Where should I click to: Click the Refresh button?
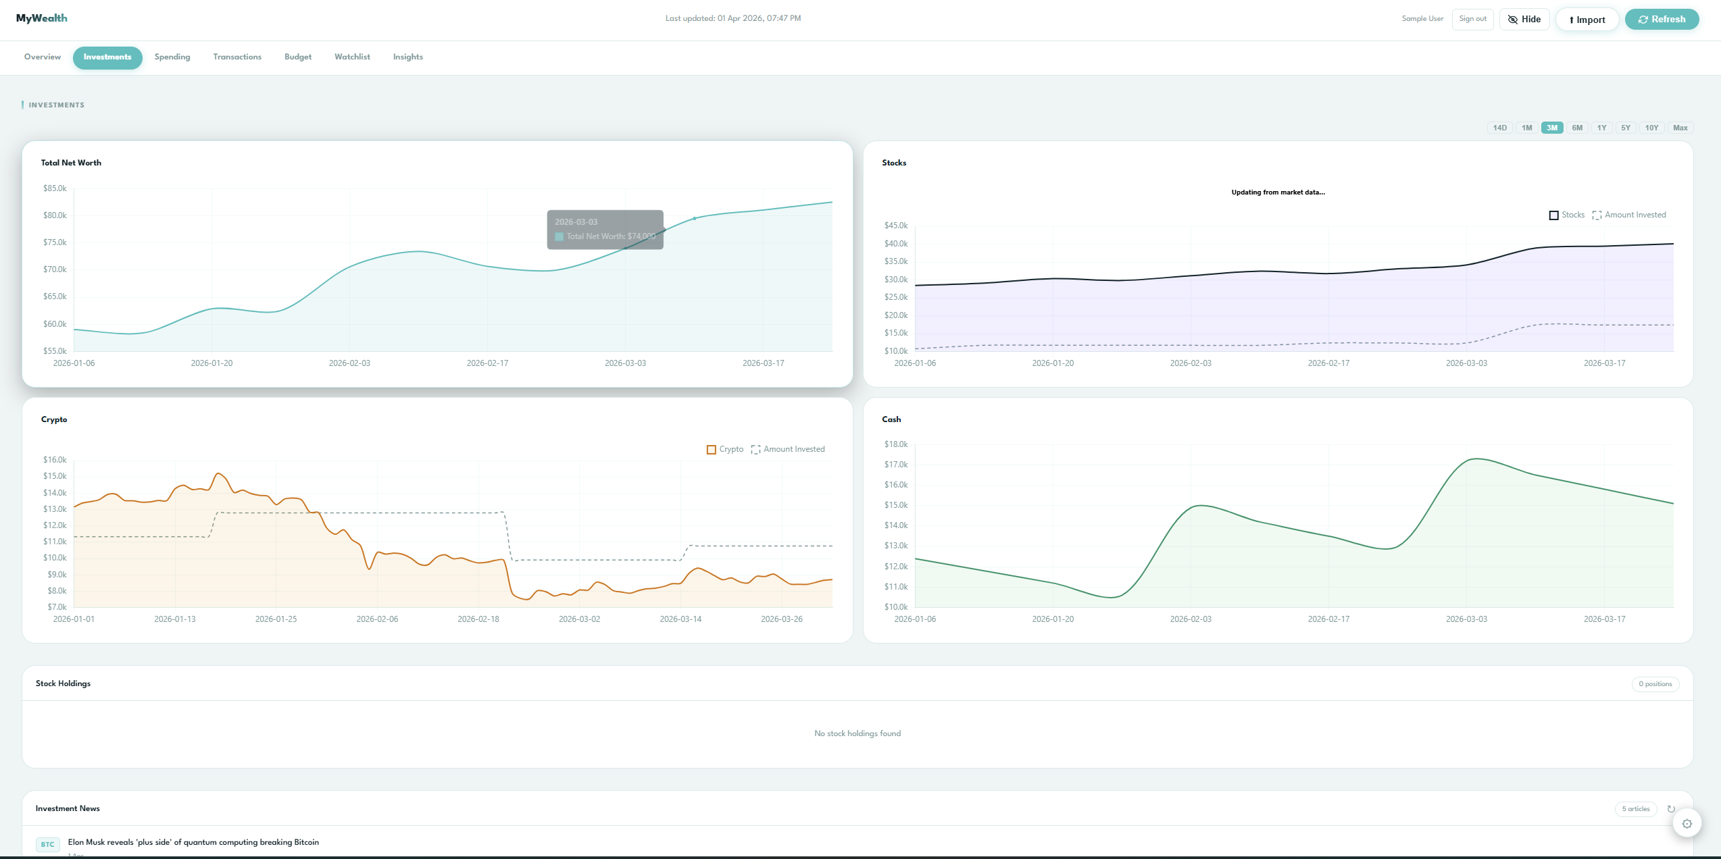tap(1661, 20)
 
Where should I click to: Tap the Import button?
tap(1587, 20)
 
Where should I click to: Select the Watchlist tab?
tap(352, 57)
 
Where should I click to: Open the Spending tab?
tap(172, 57)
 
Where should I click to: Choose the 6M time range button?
tap(1576, 128)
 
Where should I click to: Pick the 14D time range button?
tap(1499, 128)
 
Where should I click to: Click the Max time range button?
tap(1680, 128)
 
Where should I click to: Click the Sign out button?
tap(1472, 19)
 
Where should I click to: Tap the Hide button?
tap(1524, 20)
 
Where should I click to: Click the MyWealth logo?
tap(42, 18)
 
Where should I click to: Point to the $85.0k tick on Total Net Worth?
tap(55, 188)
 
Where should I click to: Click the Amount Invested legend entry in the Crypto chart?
tap(788, 450)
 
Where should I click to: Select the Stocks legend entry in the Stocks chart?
tap(1566, 215)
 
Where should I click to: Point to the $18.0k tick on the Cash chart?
tap(895, 444)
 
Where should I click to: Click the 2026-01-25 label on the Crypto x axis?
tap(276, 619)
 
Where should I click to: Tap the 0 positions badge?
tap(1655, 684)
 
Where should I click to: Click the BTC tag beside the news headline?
tap(47, 844)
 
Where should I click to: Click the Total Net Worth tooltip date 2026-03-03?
tap(576, 222)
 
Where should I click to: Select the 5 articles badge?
tap(1635, 809)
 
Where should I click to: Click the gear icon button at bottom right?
tap(1687, 823)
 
